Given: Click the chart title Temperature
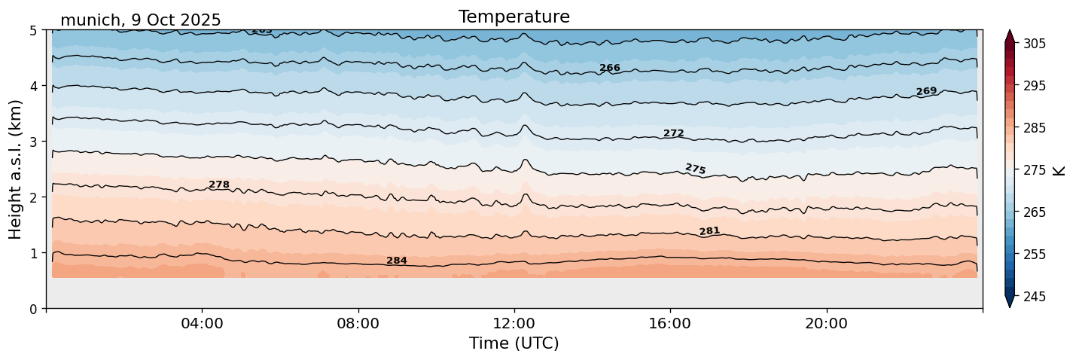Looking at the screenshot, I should pyautogui.click(x=514, y=17).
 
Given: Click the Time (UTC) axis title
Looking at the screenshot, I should pyautogui.click(x=514, y=343).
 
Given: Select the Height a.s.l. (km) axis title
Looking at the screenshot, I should pyautogui.click(x=16, y=169).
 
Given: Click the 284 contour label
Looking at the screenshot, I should pyautogui.click(x=397, y=261).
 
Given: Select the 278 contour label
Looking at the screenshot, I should pyautogui.click(x=219, y=185).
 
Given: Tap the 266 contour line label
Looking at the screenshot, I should pyautogui.click(x=610, y=68).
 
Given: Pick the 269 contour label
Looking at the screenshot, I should pyautogui.click(x=926, y=91).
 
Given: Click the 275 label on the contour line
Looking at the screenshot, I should pyautogui.click(x=695, y=169).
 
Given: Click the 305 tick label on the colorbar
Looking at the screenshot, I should pyautogui.click(x=1033, y=44).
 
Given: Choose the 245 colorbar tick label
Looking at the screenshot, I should pyautogui.click(x=1033, y=297).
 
